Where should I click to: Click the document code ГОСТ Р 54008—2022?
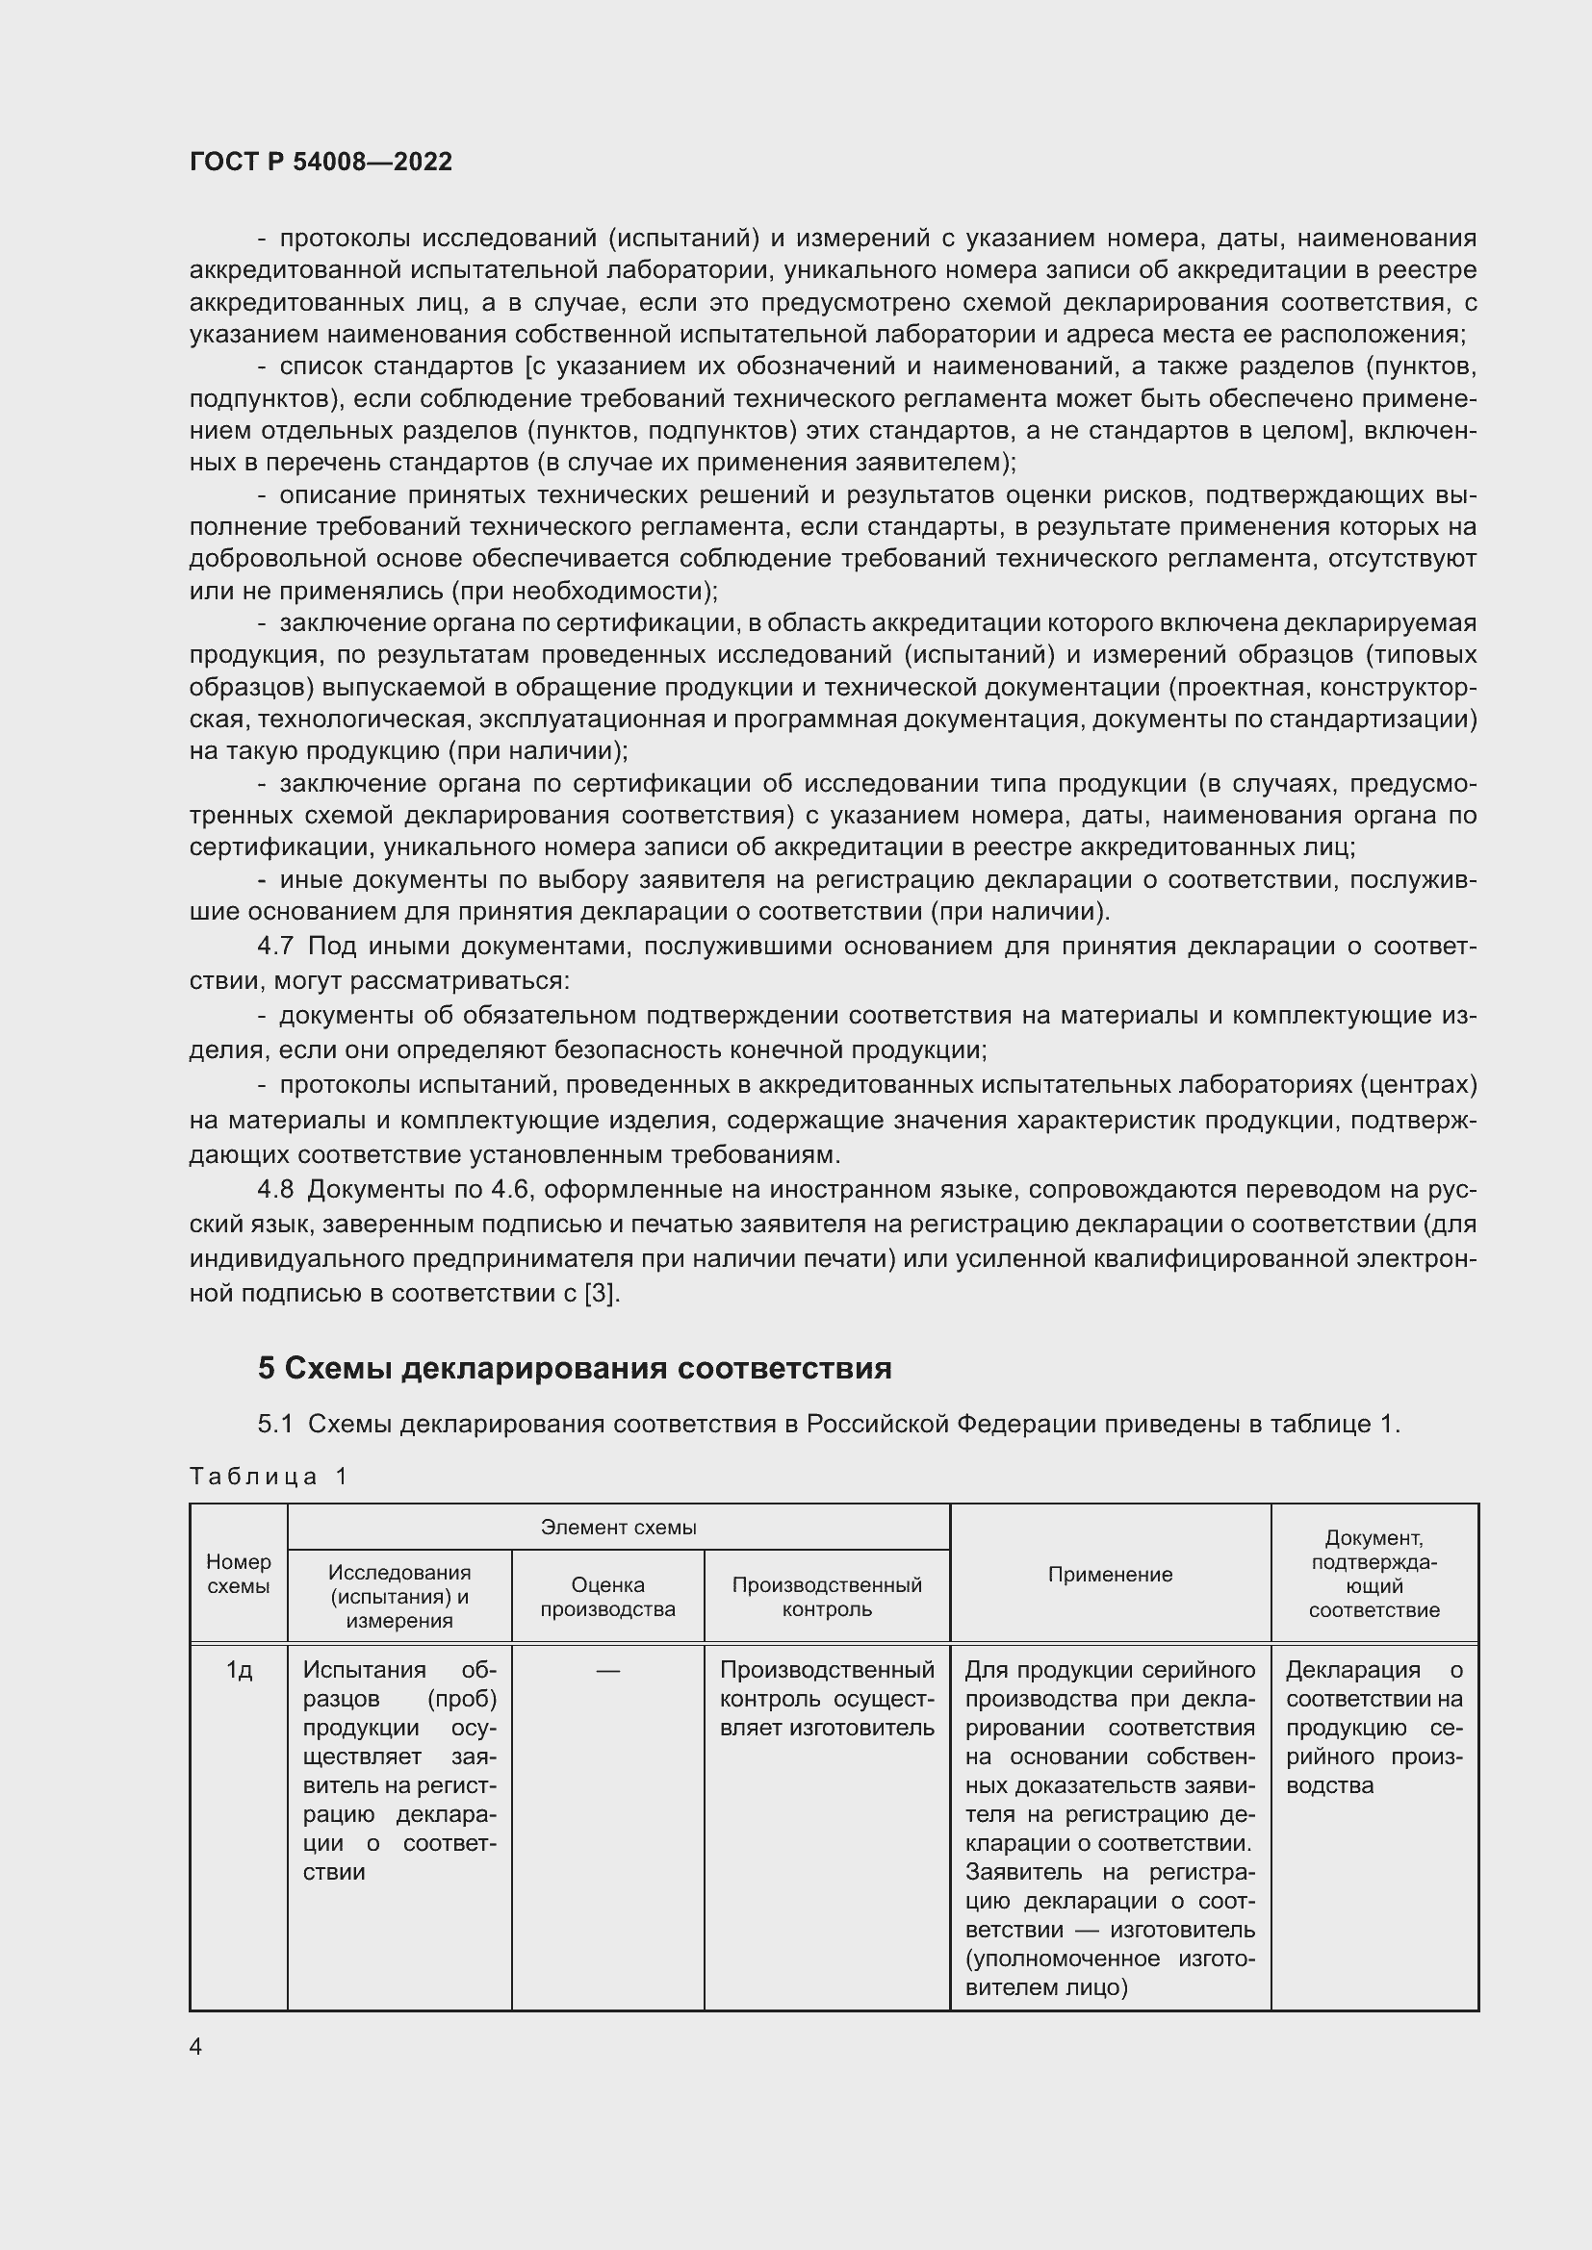(x=321, y=163)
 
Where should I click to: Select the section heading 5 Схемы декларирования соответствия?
(x=575, y=1368)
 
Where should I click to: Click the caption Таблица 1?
(x=269, y=1477)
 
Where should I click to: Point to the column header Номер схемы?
(x=238, y=1573)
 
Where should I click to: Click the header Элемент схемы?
(x=618, y=1528)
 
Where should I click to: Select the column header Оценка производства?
(x=606, y=1597)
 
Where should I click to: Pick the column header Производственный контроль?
(x=827, y=1597)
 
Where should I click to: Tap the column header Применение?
(x=1110, y=1574)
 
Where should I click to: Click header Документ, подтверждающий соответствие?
(x=1374, y=1574)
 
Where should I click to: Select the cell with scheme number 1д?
(x=238, y=1670)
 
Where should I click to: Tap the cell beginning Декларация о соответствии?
(x=1374, y=1727)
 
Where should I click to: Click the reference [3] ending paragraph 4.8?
(x=601, y=1294)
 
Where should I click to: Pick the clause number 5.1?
(x=274, y=1424)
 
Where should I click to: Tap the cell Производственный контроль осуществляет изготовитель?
(x=827, y=1698)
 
